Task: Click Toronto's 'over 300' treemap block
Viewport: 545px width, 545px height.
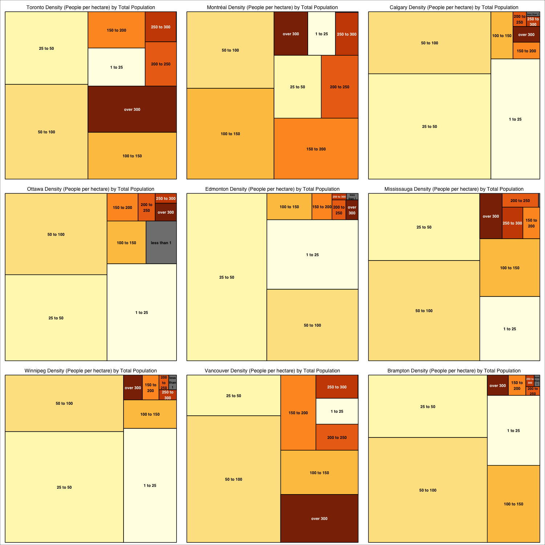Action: point(132,109)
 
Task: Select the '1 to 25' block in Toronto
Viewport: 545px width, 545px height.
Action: point(117,67)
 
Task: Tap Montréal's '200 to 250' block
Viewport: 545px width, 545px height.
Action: point(340,87)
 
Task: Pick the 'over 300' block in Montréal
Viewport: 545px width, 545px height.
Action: point(291,34)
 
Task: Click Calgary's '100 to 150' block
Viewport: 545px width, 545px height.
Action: point(502,36)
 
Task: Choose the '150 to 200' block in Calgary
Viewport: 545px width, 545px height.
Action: point(526,51)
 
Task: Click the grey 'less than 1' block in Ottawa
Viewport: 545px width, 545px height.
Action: point(161,243)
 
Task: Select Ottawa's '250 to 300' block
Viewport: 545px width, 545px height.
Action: point(166,198)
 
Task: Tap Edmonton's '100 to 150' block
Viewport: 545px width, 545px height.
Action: point(289,207)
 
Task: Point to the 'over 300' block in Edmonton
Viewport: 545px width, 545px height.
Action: point(352,210)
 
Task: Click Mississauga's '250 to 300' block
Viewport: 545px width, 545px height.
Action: point(512,223)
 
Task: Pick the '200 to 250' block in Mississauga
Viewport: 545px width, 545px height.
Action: point(520,201)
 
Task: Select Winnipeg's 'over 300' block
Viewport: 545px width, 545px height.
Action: point(133,388)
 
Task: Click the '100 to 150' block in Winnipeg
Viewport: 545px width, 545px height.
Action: point(150,414)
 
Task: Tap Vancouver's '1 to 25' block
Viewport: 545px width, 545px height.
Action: point(337,411)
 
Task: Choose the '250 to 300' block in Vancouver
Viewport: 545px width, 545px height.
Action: point(337,387)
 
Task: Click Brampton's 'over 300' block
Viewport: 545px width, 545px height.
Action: point(498,385)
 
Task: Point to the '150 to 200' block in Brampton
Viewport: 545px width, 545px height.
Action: point(517,385)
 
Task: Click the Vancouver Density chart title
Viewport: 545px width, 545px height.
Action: point(272,371)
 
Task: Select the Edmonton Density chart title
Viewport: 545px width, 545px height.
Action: point(272,189)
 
